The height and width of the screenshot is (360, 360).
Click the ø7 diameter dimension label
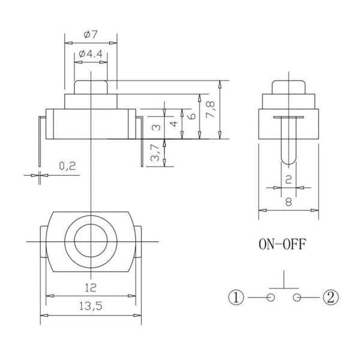click(x=91, y=35)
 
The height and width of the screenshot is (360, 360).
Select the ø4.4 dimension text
click(x=91, y=54)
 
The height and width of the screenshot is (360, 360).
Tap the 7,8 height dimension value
click(x=211, y=110)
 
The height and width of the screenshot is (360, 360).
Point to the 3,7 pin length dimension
click(x=155, y=152)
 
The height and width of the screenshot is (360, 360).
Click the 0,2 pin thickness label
click(x=67, y=166)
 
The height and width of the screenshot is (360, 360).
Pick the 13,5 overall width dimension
click(x=91, y=306)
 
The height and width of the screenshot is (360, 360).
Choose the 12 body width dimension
click(x=91, y=287)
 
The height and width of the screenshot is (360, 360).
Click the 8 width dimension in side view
click(x=289, y=202)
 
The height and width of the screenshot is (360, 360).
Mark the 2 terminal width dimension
click(x=289, y=179)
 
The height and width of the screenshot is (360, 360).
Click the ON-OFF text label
click(x=283, y=244)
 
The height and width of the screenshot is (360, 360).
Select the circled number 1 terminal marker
click(x=236, y=298)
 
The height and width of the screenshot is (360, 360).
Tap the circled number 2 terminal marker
click(x=331, y=298)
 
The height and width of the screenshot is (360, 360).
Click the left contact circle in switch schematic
click(x=271, y=298)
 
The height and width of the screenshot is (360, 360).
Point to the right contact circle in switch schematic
click(x=297, y=298)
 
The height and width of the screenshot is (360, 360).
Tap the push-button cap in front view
click(x=91, y=87)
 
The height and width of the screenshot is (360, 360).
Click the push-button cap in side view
click(x=289, y=87)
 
